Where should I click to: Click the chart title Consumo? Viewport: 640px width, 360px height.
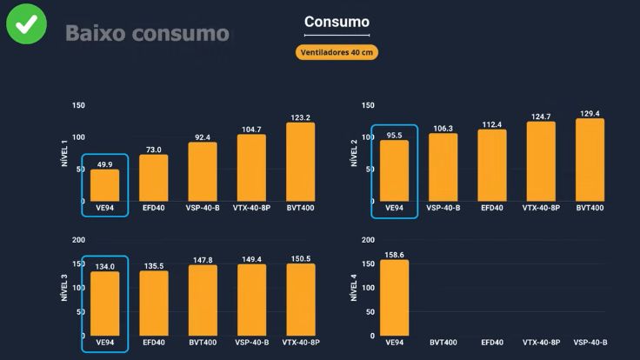337,22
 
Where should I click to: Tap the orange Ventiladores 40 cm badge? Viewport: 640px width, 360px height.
337,52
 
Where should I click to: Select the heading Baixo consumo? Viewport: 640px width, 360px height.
147,34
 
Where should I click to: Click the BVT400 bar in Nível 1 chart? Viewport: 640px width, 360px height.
300,162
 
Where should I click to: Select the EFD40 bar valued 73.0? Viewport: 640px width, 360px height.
154,177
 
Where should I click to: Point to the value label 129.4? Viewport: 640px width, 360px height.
590,113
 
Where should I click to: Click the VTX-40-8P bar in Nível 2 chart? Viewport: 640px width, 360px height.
541,161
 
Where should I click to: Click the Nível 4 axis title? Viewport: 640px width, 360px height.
354,287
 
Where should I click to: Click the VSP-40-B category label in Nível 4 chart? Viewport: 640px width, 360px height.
590,343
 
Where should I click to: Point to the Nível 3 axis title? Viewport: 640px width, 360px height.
64,287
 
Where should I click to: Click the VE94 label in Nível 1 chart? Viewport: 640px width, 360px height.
104,208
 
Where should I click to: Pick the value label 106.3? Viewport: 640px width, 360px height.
443,128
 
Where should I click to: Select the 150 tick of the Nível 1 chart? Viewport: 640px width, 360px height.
79,105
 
